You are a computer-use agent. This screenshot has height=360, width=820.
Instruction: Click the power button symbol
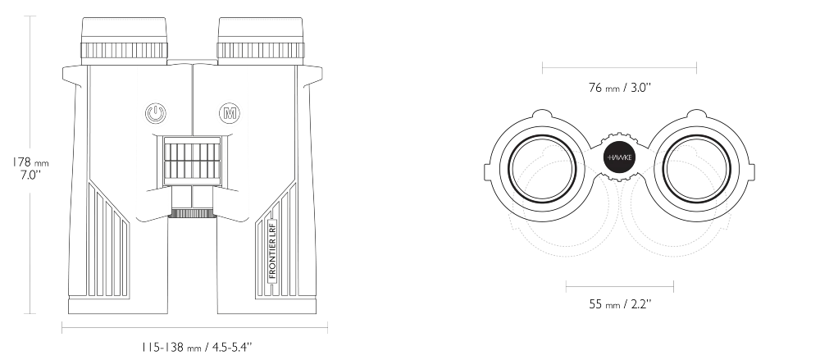(x=155, y=113)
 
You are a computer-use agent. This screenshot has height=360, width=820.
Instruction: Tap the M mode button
(x=229, y=113)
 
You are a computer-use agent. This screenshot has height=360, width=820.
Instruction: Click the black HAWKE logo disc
(x=619, y=157)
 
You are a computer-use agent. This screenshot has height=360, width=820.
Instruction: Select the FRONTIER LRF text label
(x=272, y=251)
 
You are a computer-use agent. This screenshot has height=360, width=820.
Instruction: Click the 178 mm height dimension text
(x=30, y=162)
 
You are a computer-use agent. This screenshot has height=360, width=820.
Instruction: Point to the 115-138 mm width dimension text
(x=197, y=347)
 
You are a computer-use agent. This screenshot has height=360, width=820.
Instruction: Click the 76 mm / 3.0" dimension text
(x=619, y=88)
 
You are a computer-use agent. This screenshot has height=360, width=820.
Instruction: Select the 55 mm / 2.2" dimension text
(x=620, y=304)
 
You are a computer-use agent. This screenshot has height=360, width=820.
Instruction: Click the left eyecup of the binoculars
(x=125, y=41)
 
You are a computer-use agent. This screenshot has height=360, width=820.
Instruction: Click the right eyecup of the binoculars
(x=261, y=41)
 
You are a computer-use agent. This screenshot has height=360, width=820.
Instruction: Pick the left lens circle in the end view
(x=542, y=168)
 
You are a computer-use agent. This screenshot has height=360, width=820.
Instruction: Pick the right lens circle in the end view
(x=696, y=168)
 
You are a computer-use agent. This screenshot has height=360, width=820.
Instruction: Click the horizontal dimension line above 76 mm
(x=619, y=67)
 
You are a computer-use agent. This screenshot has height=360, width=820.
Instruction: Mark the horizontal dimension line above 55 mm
(x=620, y=286)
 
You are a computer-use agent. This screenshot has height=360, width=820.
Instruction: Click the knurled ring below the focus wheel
(x=193, y=213)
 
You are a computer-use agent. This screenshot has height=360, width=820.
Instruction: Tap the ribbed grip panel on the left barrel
(x=107, y=242)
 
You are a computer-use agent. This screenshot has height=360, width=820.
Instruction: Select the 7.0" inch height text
(x=30, y=175)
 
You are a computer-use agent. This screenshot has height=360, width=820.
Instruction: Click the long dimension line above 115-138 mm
(x=194, y=328)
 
